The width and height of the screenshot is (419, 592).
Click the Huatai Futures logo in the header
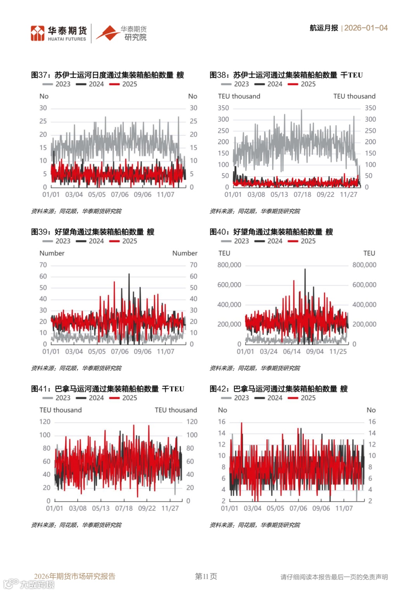(x=59, y=33)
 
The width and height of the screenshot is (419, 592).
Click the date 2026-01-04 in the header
(x=366, y=28)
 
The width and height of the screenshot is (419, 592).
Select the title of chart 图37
(x=107, y=75)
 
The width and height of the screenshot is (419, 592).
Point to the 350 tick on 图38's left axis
(x=223, y=108)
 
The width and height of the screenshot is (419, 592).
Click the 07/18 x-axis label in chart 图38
(x=302, y=195)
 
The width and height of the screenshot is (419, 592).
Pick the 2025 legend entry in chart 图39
(x=123, y=241)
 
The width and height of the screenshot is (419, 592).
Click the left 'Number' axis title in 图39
(x=52, y=253)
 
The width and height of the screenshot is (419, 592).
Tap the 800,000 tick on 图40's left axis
(x=229, y=265)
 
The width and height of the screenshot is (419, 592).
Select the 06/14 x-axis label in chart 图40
(x=292, y=352)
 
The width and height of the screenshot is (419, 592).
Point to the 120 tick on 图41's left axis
(x=45, y=421)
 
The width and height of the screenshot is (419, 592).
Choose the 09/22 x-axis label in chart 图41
(x=147, y=508)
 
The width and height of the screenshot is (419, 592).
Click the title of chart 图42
(x=279, y=389)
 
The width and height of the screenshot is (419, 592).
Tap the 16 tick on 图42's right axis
(x=372, y=421)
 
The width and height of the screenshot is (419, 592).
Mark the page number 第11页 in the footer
(x=206, y=576)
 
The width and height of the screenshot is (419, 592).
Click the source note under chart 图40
(x=255, y=368)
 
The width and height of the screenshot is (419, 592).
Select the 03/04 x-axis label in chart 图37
(x=74, y=195)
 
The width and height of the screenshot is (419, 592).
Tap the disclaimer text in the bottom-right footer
(x=334, y=577)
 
